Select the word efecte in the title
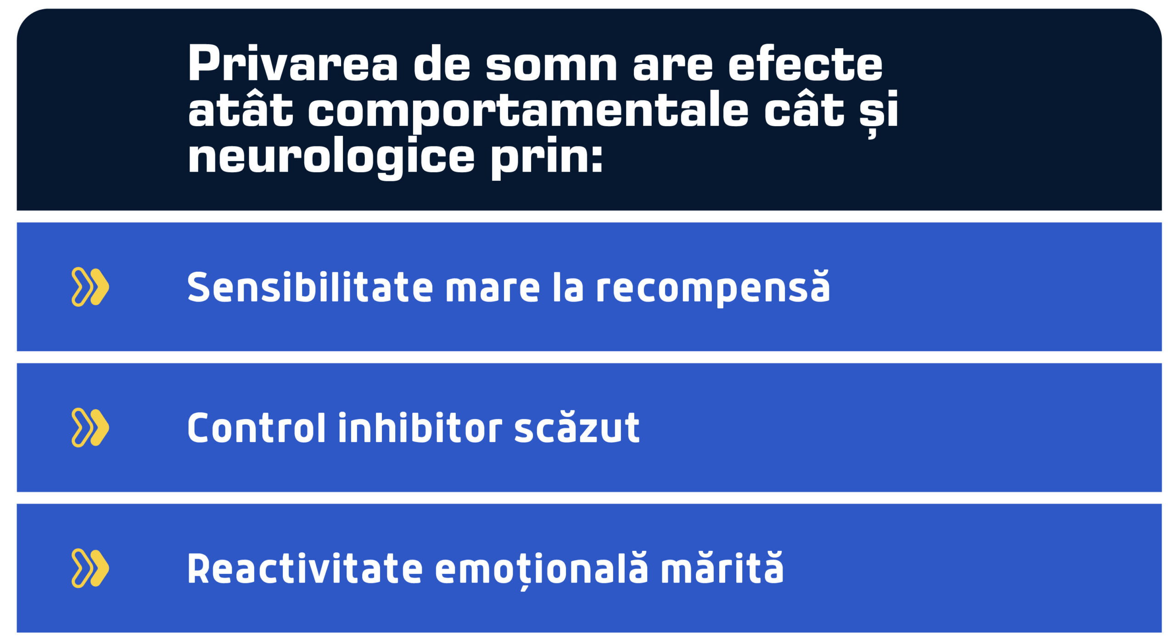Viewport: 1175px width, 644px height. click(805, 63)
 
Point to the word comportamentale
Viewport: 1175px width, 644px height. click(528, 111)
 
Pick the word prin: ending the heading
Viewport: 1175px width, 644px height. click(546, 158)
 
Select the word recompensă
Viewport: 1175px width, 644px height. click(713, 288)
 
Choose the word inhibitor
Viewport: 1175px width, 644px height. click(420, 428)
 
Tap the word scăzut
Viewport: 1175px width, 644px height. click(577, 428)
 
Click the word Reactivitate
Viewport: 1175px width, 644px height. click(305, 569)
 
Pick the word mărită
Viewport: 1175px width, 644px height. click(722, 569)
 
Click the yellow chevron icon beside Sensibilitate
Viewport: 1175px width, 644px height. click(90, 287)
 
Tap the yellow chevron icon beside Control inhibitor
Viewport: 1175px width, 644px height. click(90, 427)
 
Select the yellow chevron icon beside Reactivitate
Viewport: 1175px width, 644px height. click(90, 568)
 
